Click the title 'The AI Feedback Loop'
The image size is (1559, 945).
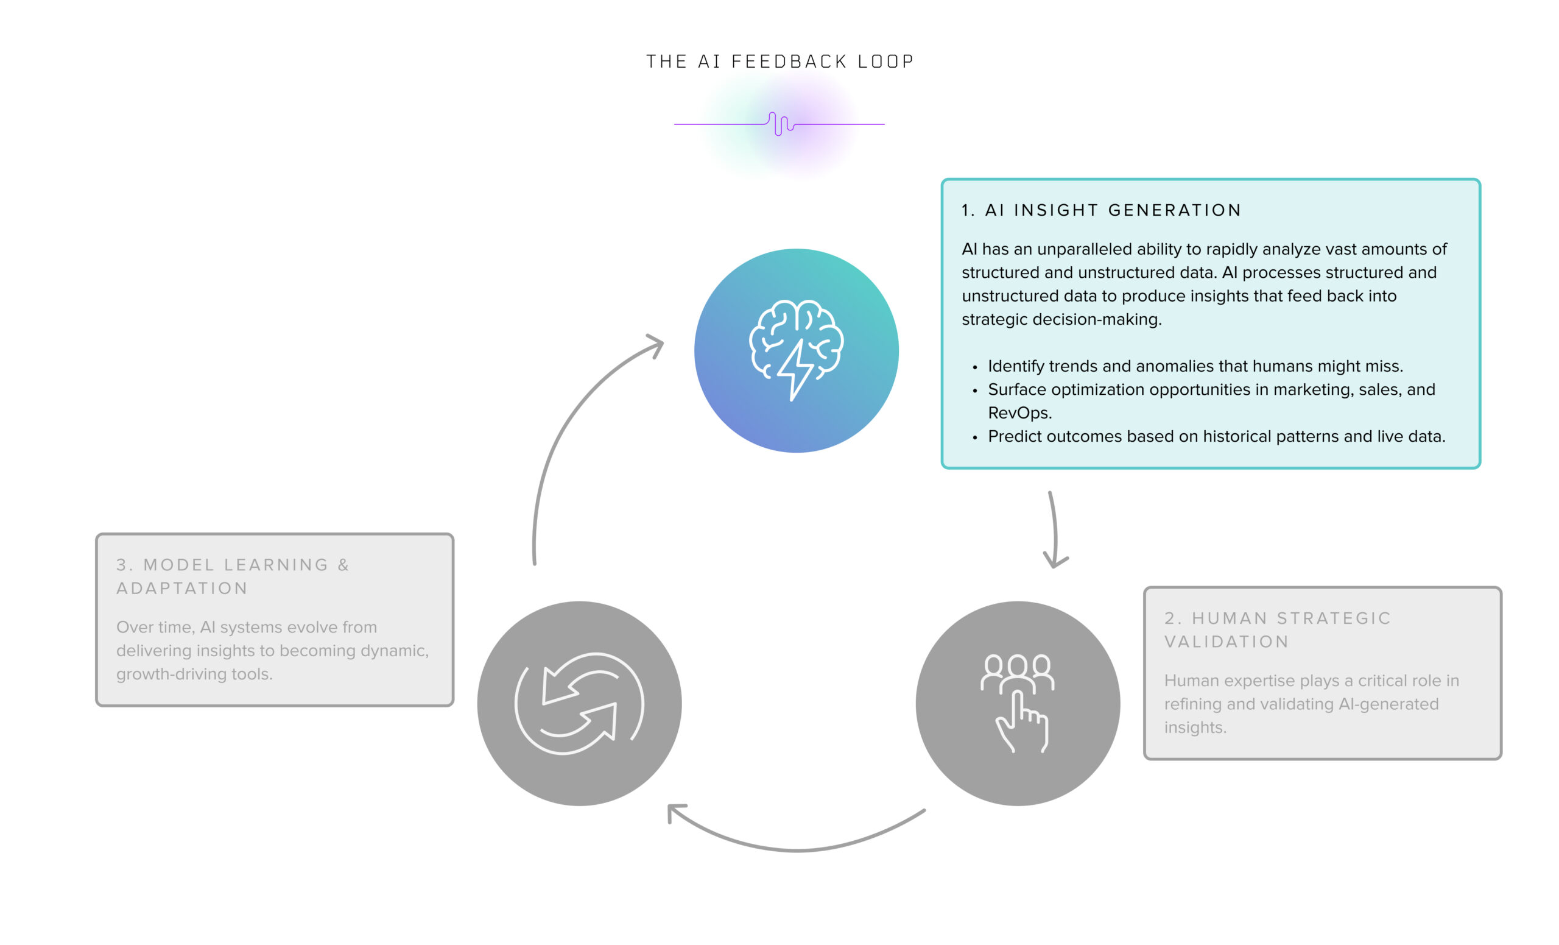pyautogui.click(x=779, y=62)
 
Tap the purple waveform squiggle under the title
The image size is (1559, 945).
pyautogui.click(x=781, y=124)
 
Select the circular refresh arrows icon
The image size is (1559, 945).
pyautogui.click(x=580, y=703)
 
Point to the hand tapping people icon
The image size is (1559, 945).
pyautogui.click(x=1018, y=703)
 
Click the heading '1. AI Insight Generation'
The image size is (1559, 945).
pyautogui.click(x=1101, y=210)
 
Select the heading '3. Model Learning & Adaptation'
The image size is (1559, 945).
pyautogui.click(x=232, y=576)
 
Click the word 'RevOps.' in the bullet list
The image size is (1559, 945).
pyautogui.click(x=1020, y=412)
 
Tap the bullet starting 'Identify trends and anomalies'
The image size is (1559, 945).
pyautogui.click(x=1195, y=366)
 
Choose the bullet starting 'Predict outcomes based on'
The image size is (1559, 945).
pyautogui.click(x=1216, y=436)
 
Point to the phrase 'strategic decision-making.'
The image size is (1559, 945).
pyautogui.click(x=1061, y=319)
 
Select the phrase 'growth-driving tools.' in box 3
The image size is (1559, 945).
pyautogui.click(x=194, y=673)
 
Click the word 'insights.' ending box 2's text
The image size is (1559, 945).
pyautogui.click(x=1195, y=727)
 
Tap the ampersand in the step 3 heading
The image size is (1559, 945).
pyautogui.click(x=343, y=565)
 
